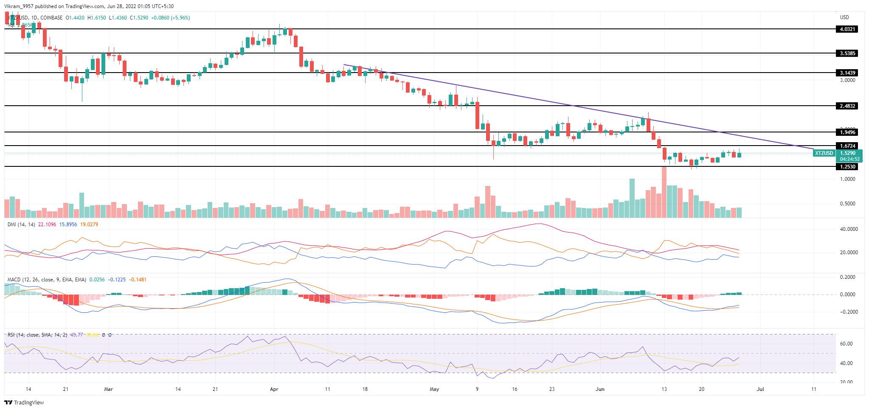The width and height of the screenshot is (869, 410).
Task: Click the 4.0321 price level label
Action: (847, 29)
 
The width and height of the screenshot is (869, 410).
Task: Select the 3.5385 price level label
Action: (847, 53)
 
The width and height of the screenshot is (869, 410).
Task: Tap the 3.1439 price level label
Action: (847, 73)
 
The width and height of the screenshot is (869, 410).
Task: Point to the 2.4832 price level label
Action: (847, 106)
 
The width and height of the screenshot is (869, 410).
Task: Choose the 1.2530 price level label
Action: (847, 167)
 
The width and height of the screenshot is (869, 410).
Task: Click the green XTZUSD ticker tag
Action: (824, 153)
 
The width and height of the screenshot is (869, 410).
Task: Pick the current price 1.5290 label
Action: (848, 153)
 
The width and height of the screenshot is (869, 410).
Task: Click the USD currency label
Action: (844, 17)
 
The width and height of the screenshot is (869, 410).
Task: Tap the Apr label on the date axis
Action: (274, 389)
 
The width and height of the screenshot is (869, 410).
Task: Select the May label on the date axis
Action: (434, 389)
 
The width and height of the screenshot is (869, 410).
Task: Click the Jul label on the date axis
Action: (760, 389)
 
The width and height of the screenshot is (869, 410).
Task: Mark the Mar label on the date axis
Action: (108, 389)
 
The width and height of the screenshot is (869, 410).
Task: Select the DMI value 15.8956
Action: (68, 225)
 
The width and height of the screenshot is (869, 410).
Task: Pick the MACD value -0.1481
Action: (138, 280)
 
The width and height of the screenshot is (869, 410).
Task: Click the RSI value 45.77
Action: (76, 335)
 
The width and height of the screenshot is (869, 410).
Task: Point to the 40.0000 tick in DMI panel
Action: (849, 229)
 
